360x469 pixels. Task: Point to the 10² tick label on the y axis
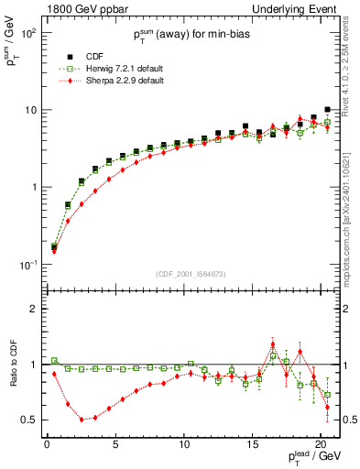coord(27,32)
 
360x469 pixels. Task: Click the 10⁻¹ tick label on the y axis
coord(27,265)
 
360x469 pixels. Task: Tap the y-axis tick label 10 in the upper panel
coord(29,110)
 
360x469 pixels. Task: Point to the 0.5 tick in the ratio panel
coord(29,420)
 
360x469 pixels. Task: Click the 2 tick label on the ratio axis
coord(35,309)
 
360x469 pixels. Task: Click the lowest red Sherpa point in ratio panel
coord(82,420)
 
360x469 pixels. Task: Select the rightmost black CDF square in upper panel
coord(327,109)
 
